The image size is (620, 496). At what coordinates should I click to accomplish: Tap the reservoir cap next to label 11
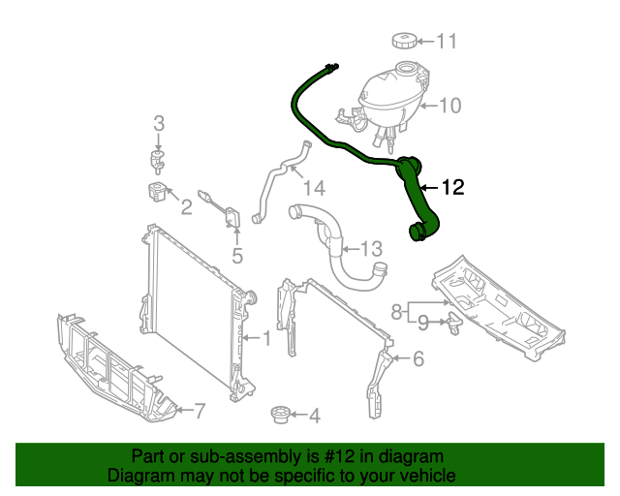404,40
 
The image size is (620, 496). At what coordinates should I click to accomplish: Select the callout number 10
450,106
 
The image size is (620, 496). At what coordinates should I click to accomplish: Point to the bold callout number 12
453,188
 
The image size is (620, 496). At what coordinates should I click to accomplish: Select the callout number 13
372,250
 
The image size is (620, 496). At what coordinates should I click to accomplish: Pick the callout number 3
159,123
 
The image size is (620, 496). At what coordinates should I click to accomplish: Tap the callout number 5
236,257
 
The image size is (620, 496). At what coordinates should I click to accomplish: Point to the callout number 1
264,338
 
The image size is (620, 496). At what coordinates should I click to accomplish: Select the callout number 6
418,359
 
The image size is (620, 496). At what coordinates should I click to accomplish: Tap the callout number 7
199,411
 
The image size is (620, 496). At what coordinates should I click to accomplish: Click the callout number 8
395,311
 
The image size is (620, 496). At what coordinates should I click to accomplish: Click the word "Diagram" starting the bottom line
138,477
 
